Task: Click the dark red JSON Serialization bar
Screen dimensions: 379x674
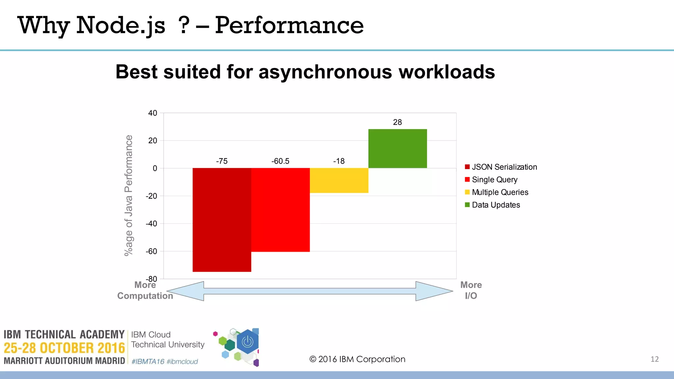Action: coord(222,220)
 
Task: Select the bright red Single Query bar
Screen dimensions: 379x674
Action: coord(280,210)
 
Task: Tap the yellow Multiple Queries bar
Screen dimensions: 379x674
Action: coord(339,180)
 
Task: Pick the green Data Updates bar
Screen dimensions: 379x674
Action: coord(398,149)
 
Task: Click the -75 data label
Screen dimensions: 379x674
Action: coord(222,161)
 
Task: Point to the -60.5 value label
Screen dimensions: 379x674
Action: coord(280,161)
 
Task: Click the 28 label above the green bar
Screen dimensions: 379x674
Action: coord(398,122)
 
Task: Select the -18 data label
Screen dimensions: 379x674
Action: coord(339,161)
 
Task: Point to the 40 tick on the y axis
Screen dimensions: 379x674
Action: coord(153,113)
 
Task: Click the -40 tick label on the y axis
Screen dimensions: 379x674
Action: coord(152,224)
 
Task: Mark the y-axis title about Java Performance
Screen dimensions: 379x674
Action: coord(129,195)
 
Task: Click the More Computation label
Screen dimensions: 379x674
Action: coord(145,291)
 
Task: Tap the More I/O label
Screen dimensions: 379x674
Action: coord(471,291)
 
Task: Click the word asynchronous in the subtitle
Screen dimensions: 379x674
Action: coord(325,72)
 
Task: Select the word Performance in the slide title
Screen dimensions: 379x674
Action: coord(289,25)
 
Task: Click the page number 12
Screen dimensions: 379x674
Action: coord(655,359)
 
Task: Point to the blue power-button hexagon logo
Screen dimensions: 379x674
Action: coord(247,342)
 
